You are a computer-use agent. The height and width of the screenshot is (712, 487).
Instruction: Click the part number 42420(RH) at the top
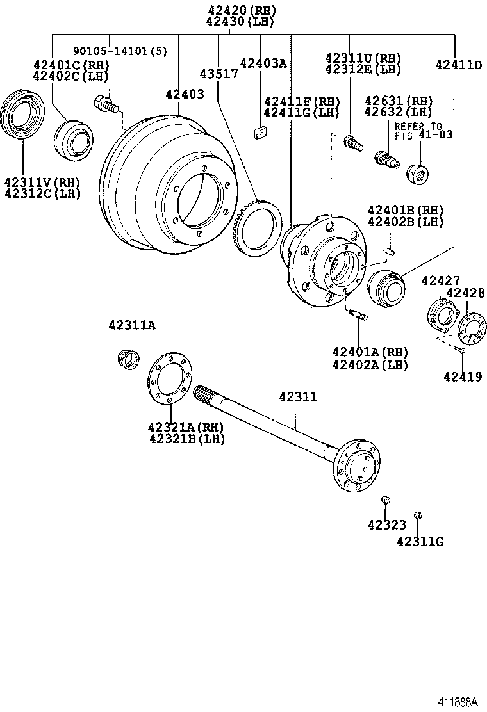click(x=240, y=10)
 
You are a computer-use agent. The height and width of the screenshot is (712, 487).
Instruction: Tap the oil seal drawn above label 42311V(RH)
click(x=23, y=116)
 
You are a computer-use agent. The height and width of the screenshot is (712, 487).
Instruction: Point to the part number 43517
click(x=219, y=74)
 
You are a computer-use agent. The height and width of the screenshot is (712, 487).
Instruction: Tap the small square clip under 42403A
click(x=260, y=133)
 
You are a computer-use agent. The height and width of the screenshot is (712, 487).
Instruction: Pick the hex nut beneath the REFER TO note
click(x=417, y=170)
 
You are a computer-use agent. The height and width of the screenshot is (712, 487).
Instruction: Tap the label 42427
click(x=440, y=280)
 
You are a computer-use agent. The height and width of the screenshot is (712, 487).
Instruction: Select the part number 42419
click(x=462, y=376)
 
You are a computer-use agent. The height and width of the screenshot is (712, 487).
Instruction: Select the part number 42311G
click(x=420, y=542)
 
